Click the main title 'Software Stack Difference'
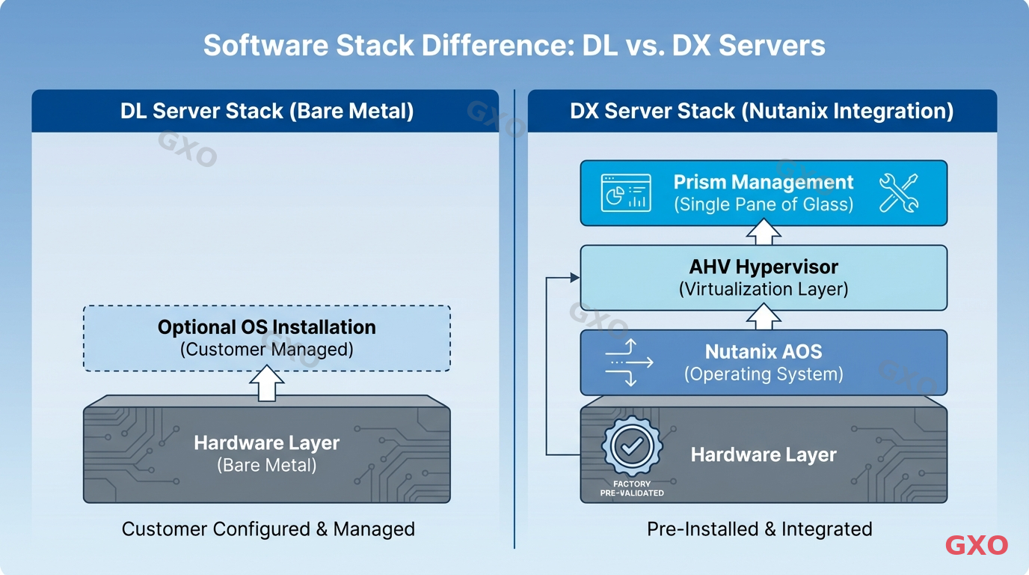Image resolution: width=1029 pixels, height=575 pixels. pyautogui.click(x=514, y=46)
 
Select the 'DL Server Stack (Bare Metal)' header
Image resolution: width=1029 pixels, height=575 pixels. pyautogui.click(x=267, y=112)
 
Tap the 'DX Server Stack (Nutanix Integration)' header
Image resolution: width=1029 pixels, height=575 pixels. pyautogui.click(x=761, y=112)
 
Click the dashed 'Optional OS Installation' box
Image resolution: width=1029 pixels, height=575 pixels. pyautogui.click(x=267, y=338)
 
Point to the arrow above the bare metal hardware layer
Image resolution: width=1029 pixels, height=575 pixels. pyautogui.click(x=266, y=383)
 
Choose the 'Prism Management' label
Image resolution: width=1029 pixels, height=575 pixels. pyautogui.click(x=764, y=183)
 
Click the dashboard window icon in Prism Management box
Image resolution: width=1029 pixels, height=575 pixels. pyautogui.click(x=626, y=192)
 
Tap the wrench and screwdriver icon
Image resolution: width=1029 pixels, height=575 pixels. pyautogui.click(x=898, y=192)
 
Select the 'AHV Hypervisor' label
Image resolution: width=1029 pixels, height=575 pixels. pyautogui.click(x=764, y=267)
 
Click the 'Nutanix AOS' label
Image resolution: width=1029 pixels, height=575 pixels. pyautogui.click(x=764, y=352)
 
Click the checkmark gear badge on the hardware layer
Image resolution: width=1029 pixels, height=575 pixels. pyautogui.click(x=631, y=448)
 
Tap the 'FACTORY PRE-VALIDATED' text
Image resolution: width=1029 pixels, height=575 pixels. pyautogui.click(x=631, y=488)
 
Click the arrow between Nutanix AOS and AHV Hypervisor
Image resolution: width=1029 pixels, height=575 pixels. pyautogui.click(x=764, y=319)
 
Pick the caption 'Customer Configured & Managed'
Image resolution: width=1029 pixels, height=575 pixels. pyautogui.click(x=268, y=529)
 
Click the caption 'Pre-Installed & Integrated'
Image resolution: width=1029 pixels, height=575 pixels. pyautogui.click(x=759, y=529)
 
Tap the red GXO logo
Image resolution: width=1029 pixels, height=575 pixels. pyautogui.click(x=976, y=546)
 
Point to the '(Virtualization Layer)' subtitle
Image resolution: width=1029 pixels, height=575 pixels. pyautogui.click(x=764, y=289)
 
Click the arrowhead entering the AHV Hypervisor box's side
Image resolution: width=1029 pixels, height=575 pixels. pyautogui.click(x=575, y=278)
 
